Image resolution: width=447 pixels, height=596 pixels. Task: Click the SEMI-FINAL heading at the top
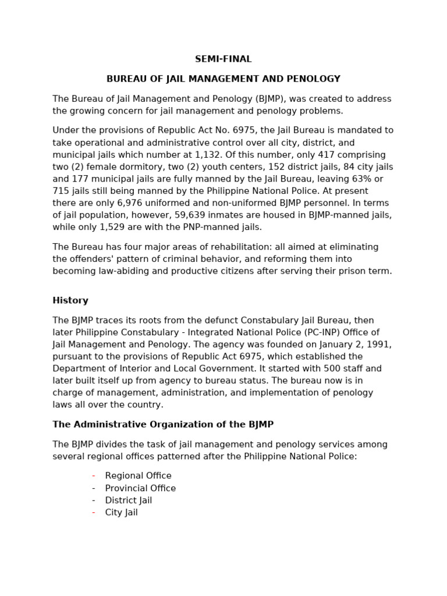pyautogui.click(x=223, y=59)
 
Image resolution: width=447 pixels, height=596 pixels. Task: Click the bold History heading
pyautogui.click(x=70, y=301)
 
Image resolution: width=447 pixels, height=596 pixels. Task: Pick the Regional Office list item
pyautogui.click(x=138, y=476)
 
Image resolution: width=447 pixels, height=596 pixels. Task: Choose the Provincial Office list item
pyautogui.click(x=140, y=488)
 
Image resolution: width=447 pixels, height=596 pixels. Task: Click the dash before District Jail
pyautogui.click(x=93, y=501)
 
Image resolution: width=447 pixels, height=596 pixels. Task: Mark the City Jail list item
pyautogui.click(x=121, y=513)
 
